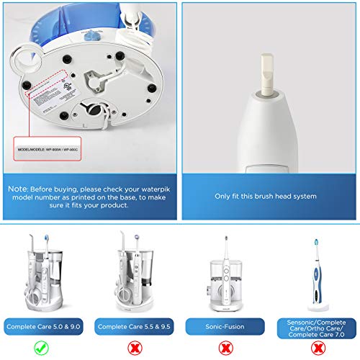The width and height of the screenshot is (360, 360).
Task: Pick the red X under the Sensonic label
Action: point(314,347)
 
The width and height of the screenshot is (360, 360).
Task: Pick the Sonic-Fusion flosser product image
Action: point(223,270)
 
